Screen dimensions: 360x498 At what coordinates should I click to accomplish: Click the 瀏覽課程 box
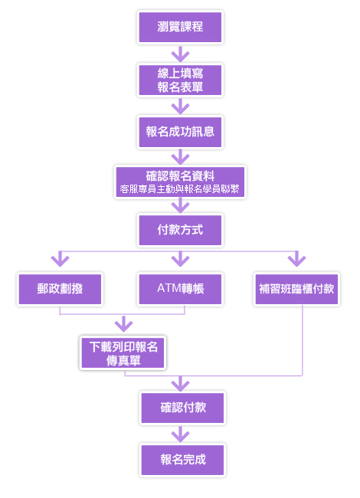tap(180, 27)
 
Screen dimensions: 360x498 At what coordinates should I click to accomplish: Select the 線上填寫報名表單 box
tap(180, 80)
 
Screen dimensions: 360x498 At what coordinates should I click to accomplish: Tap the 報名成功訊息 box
tap(180, 132)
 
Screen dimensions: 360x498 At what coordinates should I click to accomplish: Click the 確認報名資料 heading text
tap(180, 175)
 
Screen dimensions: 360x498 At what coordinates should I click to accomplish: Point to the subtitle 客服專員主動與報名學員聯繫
tap(180, 189)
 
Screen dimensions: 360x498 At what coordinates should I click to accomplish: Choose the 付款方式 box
tap(180, 230)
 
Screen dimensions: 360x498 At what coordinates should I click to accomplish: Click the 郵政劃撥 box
tap(60, 289)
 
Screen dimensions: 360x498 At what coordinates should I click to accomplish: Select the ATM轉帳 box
tap(180, 289)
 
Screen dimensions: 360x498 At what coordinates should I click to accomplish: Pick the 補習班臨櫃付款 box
tap(297, 289)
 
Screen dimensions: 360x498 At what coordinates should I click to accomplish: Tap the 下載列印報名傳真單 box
tap(123, 353)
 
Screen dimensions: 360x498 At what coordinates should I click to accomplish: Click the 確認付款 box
tap(182, 408)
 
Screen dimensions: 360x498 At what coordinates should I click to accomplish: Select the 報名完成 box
tap(182, 460)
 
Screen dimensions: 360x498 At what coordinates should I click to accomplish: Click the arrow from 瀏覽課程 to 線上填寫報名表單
tap(180, 54)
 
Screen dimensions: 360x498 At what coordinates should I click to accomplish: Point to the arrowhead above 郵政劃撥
tap(60, 260)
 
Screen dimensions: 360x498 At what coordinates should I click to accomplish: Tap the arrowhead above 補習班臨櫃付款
tap(297, 260)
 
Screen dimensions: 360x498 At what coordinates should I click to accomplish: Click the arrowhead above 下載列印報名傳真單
tap(123, 324)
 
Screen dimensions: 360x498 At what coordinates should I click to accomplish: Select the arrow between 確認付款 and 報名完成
tap(180, 434)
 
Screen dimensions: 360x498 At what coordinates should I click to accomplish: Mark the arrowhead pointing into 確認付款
tap(180, 384)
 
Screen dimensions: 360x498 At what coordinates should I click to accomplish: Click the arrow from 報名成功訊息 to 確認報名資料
tap(180, 157)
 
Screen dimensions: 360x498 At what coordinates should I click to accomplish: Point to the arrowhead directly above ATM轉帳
tap(180, 260)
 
